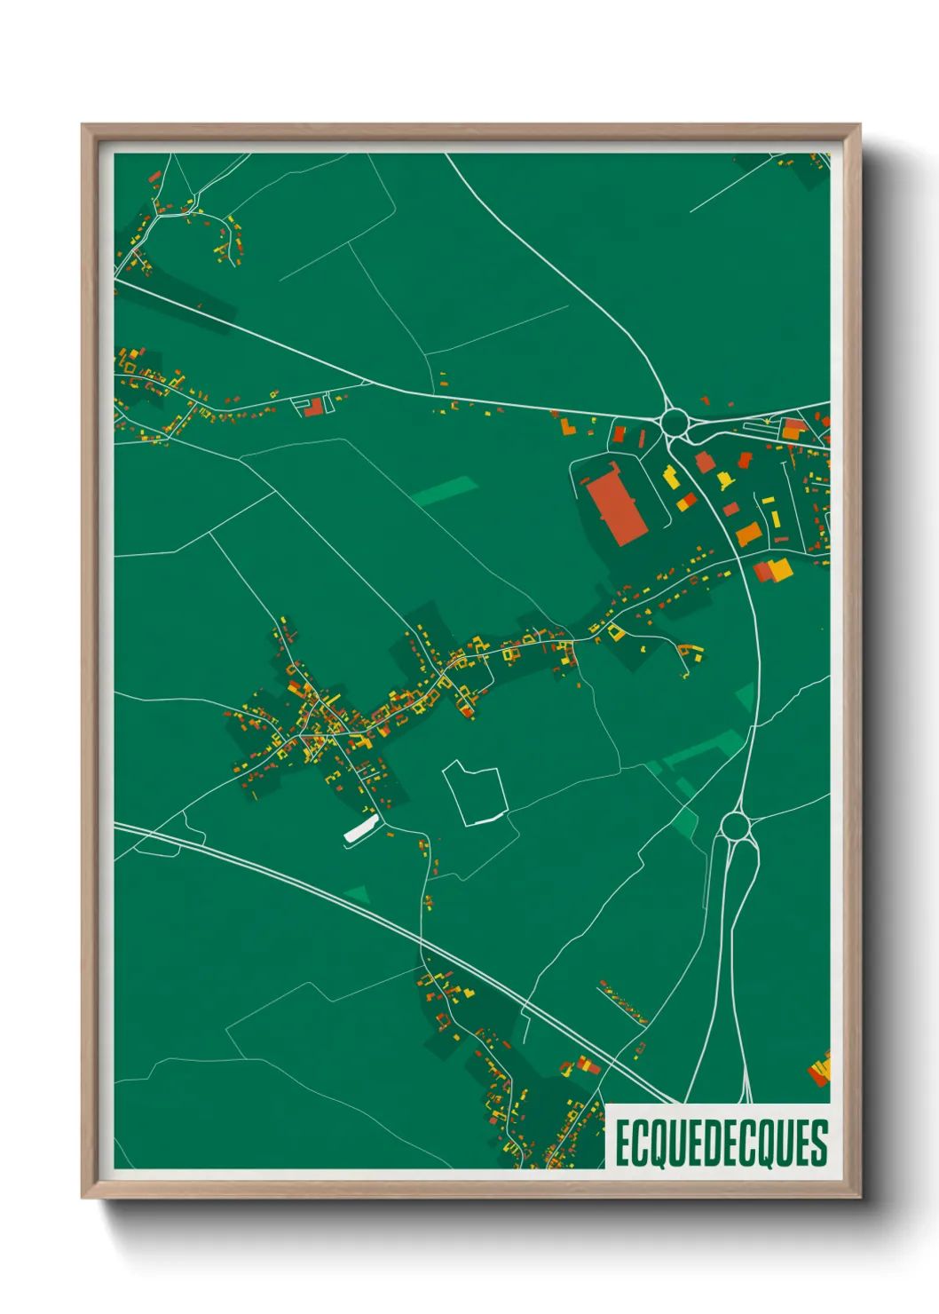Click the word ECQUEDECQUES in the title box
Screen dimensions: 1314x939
click(x=721, y=1143)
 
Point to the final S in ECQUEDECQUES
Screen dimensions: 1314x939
click(x=819, y=1144)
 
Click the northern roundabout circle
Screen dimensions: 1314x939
click(x=675, y=422)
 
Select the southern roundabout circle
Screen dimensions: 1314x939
click(x=734, y=827)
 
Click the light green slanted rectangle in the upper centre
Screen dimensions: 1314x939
click(x=446, y=491)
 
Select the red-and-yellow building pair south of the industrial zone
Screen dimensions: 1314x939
click(x=769, y=570)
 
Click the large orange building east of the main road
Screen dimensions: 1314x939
click(x=747, y=534)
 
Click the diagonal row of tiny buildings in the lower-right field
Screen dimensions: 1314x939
click(x=623, y=1002)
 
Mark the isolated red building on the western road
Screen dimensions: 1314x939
click(x=313, y=408)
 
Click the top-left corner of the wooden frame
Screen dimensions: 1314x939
click(x=83, y=126)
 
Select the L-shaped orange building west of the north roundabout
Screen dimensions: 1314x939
click(x=568, y=426)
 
